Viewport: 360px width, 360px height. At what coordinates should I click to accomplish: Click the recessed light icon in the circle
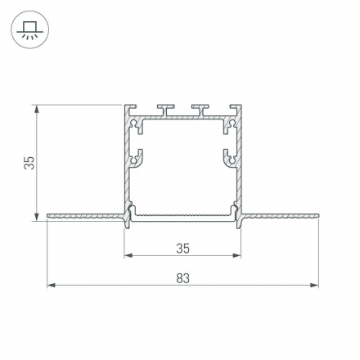coord(30,30)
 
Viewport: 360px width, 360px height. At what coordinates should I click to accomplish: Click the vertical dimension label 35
coord(29,162)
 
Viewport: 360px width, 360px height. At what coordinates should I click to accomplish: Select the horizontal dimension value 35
coord(182,247)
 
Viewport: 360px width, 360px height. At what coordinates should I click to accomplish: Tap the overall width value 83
coord(182,278)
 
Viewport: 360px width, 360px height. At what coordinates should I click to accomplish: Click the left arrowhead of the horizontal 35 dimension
coord(128,255)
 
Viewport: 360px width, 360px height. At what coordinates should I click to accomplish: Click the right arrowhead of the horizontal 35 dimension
coord(238,255)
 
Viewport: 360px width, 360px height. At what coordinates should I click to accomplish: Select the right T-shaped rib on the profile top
coord(198,108)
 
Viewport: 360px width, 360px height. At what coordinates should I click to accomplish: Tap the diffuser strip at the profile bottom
coord(183,218)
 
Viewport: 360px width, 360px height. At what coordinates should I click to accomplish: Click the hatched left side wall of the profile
coord(128,164)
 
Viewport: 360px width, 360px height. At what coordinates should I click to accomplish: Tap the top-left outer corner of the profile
coord(125,106)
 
